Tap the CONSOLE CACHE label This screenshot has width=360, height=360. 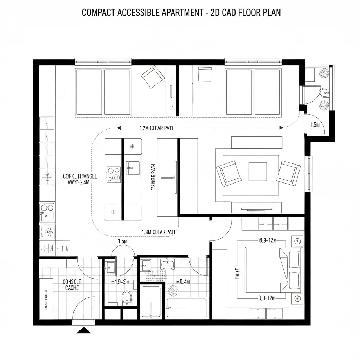click(72, 285)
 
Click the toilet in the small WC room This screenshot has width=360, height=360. click(126, 297)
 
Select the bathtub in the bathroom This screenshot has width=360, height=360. click(187, 308)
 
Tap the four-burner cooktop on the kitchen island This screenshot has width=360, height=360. click(114, 174)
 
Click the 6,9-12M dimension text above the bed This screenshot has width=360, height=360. click(268, 240)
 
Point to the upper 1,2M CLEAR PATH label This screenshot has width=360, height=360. click(157, 128)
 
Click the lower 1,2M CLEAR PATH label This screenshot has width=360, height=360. click(159, 232)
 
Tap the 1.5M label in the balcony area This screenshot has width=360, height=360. click(315, 124)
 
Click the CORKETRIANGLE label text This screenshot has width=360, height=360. click(80, 176)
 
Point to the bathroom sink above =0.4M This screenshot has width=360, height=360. click(168, 264)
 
